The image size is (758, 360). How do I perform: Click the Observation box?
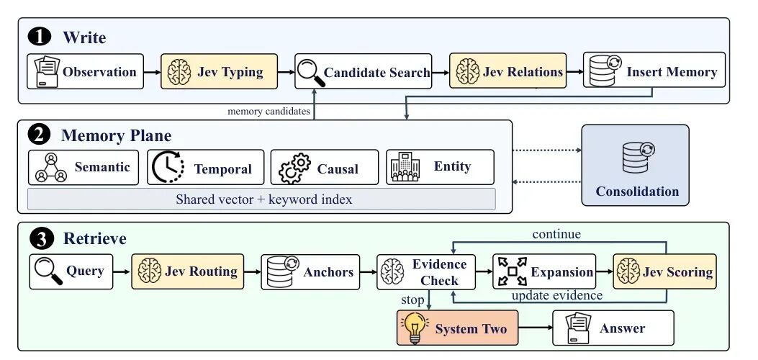click(85, 71)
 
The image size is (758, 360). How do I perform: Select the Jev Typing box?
click(219, 71)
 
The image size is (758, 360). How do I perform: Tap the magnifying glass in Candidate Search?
click(310, 73)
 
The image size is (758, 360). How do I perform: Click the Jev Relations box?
click(507, 71)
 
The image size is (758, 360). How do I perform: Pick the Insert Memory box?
click(654, 70)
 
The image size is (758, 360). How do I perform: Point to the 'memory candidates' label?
click(269, 112)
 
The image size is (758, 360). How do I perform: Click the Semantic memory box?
click(84, 168)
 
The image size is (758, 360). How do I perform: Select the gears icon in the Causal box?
click(295, 168)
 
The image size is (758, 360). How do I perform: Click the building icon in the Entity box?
click(405, 168)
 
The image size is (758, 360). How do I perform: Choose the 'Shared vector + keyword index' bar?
click(261, 199)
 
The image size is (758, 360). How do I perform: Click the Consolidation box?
click(635, 166)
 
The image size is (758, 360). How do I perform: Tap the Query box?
click(71, 271)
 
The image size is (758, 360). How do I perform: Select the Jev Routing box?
click(188, 271)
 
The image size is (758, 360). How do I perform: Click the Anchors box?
click(310, 272)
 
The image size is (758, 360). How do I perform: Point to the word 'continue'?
click(556, 235)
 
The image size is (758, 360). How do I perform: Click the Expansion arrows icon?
click(512, 271)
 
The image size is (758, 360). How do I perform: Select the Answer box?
click(613, 328)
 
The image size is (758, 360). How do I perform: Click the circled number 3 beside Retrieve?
click(40, 239)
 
